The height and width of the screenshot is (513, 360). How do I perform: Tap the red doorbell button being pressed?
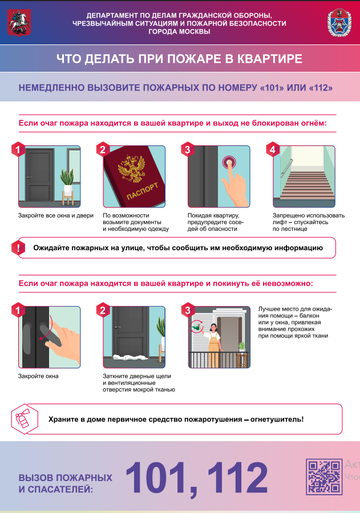(x=229, y=161)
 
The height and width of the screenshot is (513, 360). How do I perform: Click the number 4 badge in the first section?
(x=273, y=150)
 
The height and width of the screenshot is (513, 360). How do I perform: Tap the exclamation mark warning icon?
(x=18, y=248)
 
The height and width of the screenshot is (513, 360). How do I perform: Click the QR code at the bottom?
(x=324, y=476)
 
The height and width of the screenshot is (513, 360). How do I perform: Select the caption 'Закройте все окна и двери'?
(x=56, y=215)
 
